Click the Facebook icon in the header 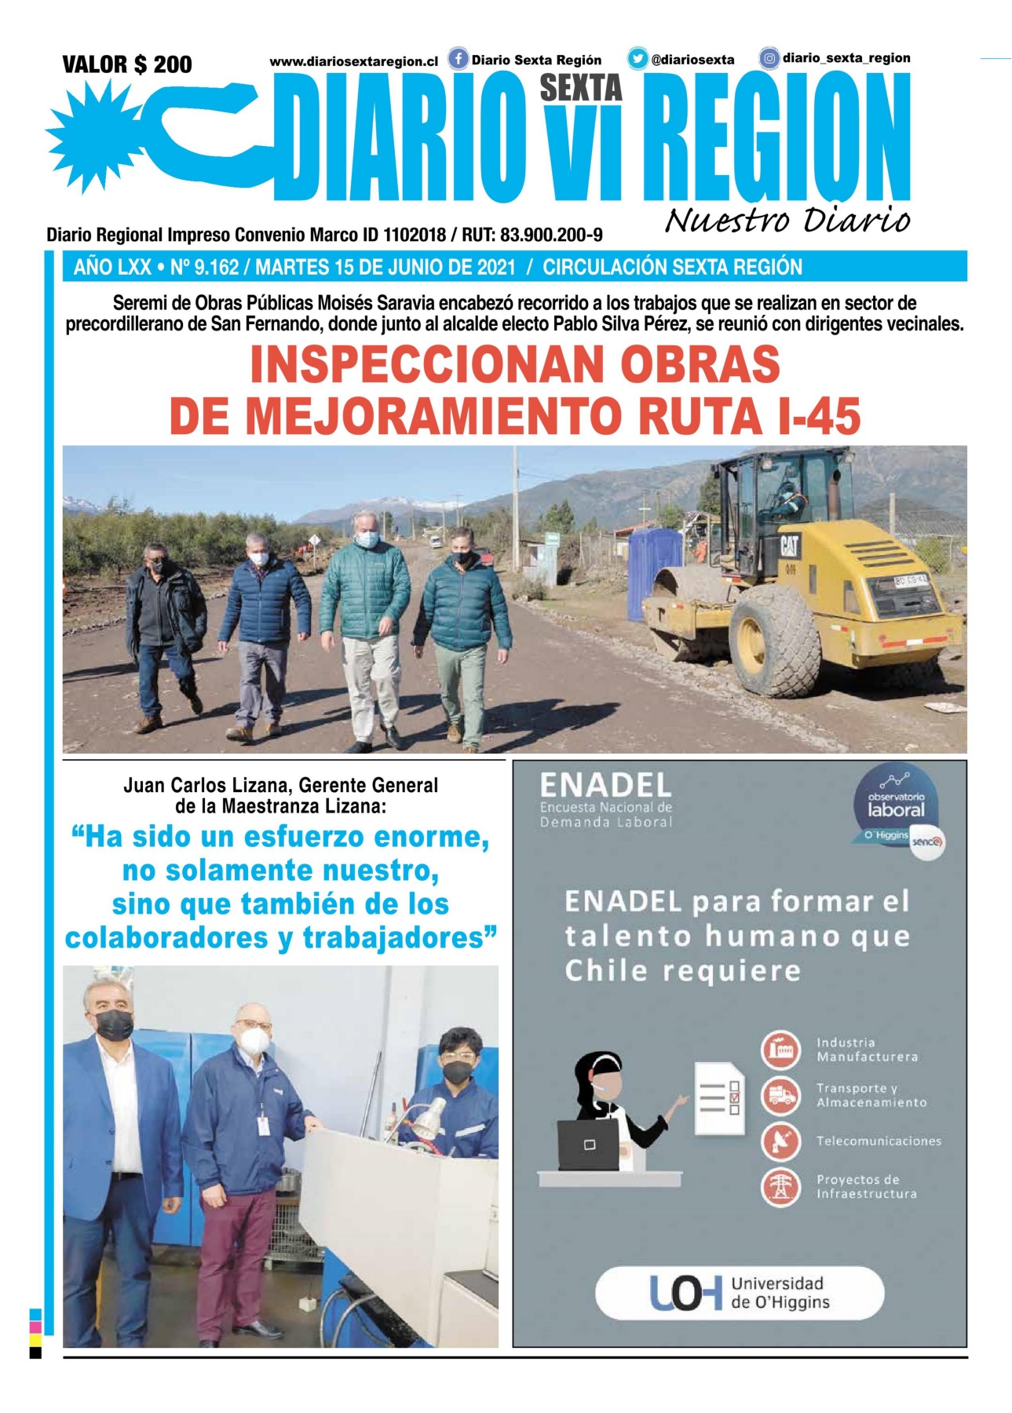[458, 59]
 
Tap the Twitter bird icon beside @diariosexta [638, 59]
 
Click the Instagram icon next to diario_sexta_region [769, 58]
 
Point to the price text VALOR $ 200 [127, 64]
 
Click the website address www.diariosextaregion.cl [353, 61]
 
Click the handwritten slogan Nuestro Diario [787, 221]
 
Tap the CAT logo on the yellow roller [789, 545]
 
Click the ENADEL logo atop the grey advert [605, 786]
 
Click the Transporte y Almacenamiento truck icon [780, 1095]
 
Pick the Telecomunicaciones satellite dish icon [780, 1141]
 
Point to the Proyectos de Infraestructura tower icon [780, 1186]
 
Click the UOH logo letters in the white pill [685, 1294]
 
